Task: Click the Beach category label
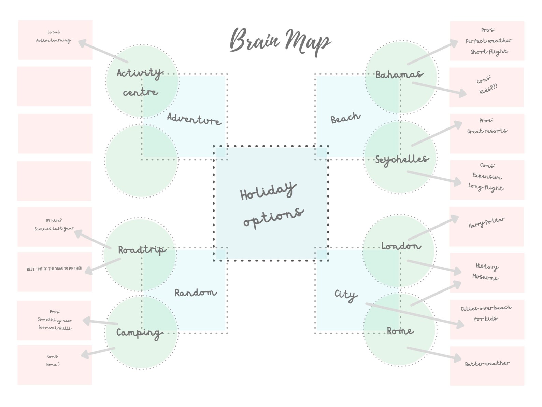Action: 345,118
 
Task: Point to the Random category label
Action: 195,293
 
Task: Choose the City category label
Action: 345,295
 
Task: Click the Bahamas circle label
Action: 399,74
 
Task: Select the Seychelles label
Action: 401,159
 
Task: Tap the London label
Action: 401,246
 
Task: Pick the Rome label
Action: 400,331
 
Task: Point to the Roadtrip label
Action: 141,250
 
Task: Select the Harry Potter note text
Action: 486,223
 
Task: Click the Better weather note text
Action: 487,363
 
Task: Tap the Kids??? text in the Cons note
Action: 488,90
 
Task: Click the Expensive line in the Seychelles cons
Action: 487,176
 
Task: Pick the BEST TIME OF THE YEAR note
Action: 54,269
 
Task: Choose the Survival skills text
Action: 55,328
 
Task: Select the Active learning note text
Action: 54,40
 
